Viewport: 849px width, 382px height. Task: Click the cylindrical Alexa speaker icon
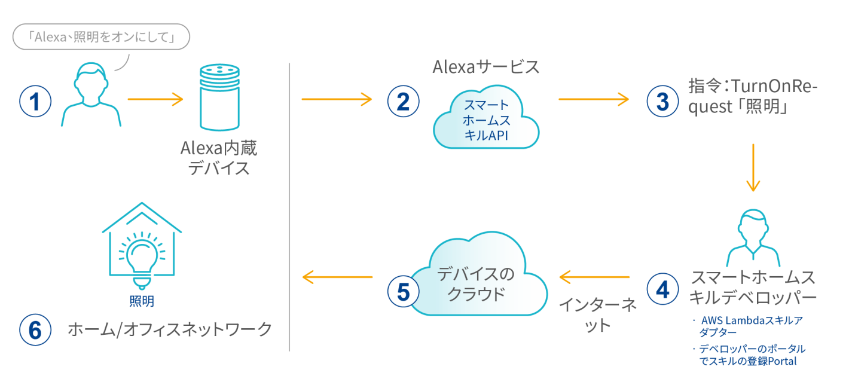tap(219, 98)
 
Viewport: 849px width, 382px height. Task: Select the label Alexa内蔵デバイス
tap(219, 158)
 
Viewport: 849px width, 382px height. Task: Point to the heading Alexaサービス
tap(485, 67)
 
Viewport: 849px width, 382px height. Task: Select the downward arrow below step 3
tap(753, 167)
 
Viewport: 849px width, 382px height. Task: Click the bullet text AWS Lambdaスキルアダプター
tap(750, 326)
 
